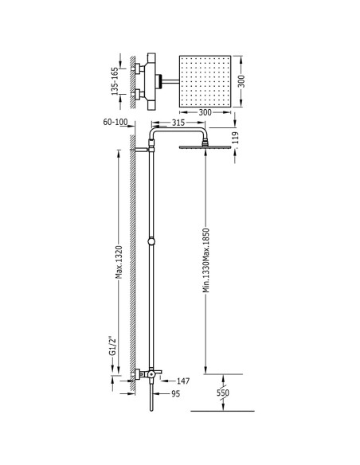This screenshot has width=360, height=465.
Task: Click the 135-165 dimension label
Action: click(115, 81)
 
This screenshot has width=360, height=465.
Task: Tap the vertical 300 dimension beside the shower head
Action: click(241, 81)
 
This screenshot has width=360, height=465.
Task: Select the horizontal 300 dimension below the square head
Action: click(205, 112)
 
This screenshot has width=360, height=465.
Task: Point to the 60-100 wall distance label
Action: click(115, 122)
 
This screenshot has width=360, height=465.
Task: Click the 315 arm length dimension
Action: click(178, 123)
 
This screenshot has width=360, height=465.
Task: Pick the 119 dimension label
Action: click(235, 138)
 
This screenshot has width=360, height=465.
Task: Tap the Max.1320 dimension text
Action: click(119, 262)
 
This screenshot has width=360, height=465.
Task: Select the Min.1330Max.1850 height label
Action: click(206, 260)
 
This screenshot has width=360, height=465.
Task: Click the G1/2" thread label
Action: click(112, 346)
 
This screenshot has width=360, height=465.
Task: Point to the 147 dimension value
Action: click(183, 381)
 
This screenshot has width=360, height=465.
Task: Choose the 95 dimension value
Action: click(176, 394)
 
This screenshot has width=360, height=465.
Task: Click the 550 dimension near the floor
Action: click(223, 393)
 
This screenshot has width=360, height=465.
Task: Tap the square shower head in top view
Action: click(205, 81)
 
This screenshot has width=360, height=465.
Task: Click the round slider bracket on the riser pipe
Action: click(151, 241)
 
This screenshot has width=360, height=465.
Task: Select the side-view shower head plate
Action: click(205, 147)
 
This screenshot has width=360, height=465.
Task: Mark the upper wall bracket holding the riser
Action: click(143, 150)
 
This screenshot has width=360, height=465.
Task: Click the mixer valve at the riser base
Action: click(147, 374)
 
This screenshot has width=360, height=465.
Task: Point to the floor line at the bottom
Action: click(223, 411)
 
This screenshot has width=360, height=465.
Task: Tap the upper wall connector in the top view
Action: click(139, 68)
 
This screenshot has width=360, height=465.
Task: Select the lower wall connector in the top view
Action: click(139, 94)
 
